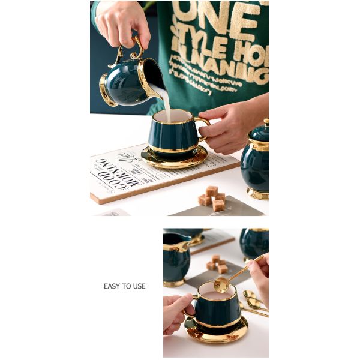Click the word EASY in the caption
[112, 286]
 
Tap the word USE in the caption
[138, 286]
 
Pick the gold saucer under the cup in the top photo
[173, 158]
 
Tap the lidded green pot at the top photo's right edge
[256, 162]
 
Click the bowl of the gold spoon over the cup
[221, 285]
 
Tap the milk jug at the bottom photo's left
[175, 258]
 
